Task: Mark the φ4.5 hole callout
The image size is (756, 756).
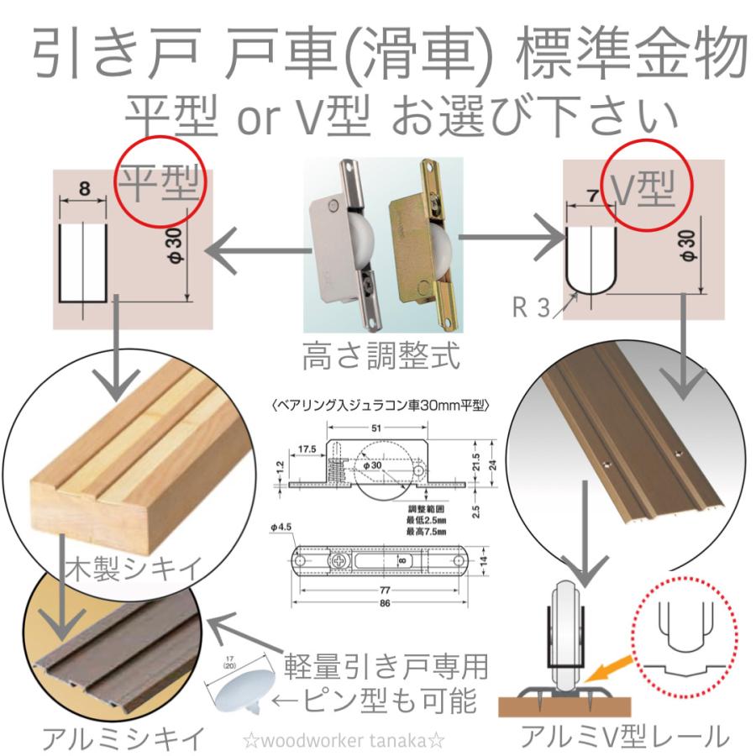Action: pyautogui.click(x=282, y=528)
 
